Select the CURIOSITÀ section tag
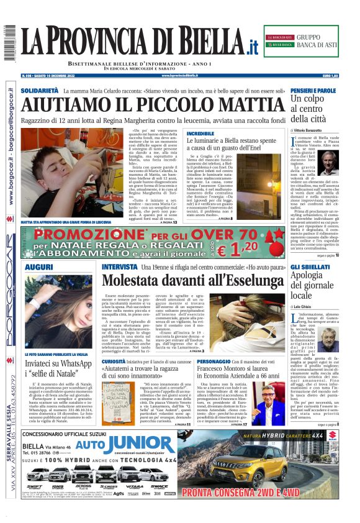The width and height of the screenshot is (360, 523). point(114,362)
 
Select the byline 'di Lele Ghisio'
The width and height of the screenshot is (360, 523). point(305,307)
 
